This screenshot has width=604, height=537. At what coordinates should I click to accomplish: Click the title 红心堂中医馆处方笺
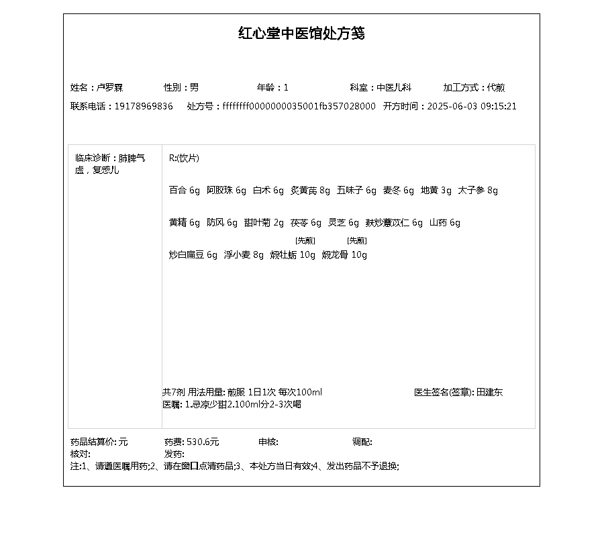click(x=301, y=34)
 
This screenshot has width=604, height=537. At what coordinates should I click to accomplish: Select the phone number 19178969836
click(x=144, y=107)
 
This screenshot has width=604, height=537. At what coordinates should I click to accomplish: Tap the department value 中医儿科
click(x=393, y=88)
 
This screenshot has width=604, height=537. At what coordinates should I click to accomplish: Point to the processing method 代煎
click(x=496, y=88)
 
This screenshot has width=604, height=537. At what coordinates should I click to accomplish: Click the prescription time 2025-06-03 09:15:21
click(x=472, y=107)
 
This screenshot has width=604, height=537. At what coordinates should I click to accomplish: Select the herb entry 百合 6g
click(x=185, y=191)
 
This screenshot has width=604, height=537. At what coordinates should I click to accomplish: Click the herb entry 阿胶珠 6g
click(x=226, y=191)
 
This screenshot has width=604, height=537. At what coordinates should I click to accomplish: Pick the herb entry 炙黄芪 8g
click(x=310, y=191)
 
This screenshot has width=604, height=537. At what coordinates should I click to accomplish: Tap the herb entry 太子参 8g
click(x=478, y=191)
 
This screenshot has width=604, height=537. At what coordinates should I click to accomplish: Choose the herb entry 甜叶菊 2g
click(x=264, y=223)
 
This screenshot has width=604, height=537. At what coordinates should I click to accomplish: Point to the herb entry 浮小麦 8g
click(x=244, y=255)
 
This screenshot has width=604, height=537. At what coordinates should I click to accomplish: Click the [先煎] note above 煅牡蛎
click(x=305, y=241)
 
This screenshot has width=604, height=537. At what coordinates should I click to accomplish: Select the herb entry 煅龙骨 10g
click(x=344, y=255)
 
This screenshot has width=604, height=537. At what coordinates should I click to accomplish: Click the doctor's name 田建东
click(x=489, y=393)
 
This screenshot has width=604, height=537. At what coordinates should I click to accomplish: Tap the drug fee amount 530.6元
click(x=203, y=442)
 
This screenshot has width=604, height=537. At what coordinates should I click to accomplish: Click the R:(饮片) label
click(x=184, y=158)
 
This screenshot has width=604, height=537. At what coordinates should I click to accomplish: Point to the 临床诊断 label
click(x=95, y=158)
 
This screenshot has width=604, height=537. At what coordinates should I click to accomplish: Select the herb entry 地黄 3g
click(x=436, y=191)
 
